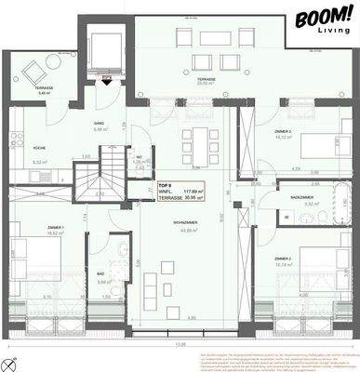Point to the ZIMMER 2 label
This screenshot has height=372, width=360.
(x=284, y=258)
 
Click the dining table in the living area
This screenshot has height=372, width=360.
(x=197, y=145)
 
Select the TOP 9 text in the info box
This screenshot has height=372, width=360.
(x=165, y=187)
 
